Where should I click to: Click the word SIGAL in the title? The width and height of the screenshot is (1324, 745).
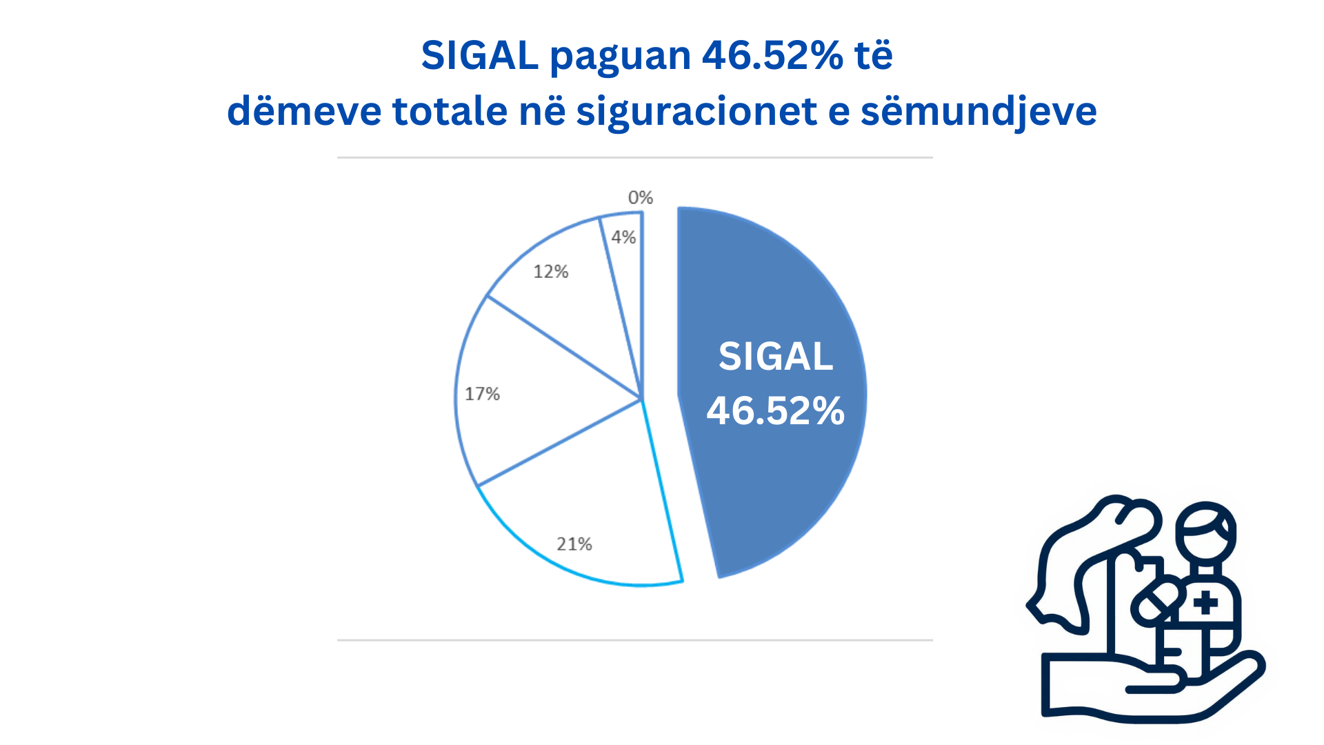[x=479, y=55]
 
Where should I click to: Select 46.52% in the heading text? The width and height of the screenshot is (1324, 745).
[x=772, y=55]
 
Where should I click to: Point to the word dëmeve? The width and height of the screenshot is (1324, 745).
[x=304, y=110]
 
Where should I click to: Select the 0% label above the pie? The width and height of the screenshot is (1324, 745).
[x=640, y=198]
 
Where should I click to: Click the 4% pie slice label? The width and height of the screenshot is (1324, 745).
[x=623, y=237]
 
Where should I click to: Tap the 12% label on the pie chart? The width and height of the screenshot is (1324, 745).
[x=550, y=272]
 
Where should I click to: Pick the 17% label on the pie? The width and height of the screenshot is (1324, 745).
[x=482, y=394]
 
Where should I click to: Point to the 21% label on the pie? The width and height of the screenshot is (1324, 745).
[x=574, y=544]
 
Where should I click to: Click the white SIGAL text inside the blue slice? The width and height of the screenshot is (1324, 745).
[x=776, y=357]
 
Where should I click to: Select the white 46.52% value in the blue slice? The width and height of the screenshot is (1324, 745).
[x=776, y=411]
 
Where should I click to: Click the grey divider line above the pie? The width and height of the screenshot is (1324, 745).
[x=635, y=157]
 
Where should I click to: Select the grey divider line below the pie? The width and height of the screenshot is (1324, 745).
[x=635, y=640]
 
